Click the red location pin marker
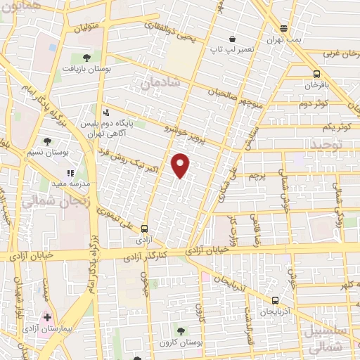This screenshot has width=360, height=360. tap(181, 165)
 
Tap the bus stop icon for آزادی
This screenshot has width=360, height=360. tap(144, 228)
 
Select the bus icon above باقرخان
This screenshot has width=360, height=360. tap(317, 73)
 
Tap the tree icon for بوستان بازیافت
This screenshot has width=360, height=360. tap(86, 58)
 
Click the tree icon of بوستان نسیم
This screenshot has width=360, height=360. tap(47, 141)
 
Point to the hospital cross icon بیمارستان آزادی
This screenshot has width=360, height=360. tap(47, 317)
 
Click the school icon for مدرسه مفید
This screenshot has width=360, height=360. tap(70, 173)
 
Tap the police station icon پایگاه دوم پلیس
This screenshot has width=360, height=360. tap(105, 112)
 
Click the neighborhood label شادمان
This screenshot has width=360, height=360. tap(160, 83)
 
